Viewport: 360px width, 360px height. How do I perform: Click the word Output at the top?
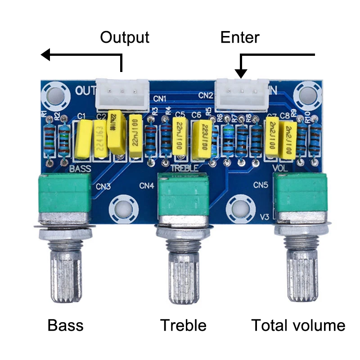124,37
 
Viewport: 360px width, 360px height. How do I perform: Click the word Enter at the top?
240,37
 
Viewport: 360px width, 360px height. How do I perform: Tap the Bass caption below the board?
66,325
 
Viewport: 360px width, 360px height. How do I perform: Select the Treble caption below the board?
184,325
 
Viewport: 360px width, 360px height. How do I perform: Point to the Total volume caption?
298,325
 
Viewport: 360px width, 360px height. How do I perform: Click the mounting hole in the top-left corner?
55,94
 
